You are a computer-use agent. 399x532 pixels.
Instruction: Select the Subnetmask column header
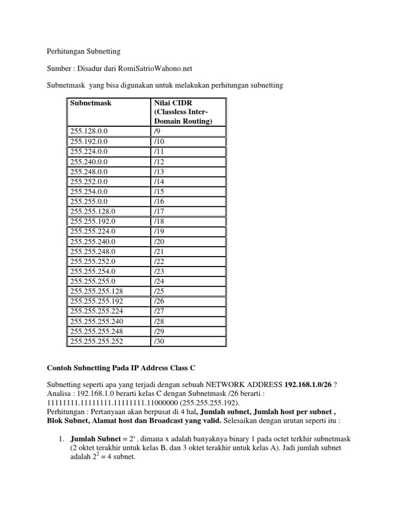tap(91, 103)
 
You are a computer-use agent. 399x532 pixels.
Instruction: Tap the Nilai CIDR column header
tap(171, 103)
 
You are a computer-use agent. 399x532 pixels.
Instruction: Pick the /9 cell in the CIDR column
tap(158, 131)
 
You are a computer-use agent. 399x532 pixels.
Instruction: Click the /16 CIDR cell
tap(159, 201)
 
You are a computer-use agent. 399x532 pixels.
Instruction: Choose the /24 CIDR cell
tap(159, 281)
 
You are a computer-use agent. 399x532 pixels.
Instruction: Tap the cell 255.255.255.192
tap(97, 301)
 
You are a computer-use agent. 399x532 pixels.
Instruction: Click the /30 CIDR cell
tap(159, 341)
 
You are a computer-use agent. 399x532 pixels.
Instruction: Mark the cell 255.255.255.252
tap(97, 341)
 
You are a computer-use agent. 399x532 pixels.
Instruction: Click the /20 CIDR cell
tap(159, 241)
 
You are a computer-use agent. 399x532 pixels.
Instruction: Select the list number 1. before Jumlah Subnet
tap(60, 438)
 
